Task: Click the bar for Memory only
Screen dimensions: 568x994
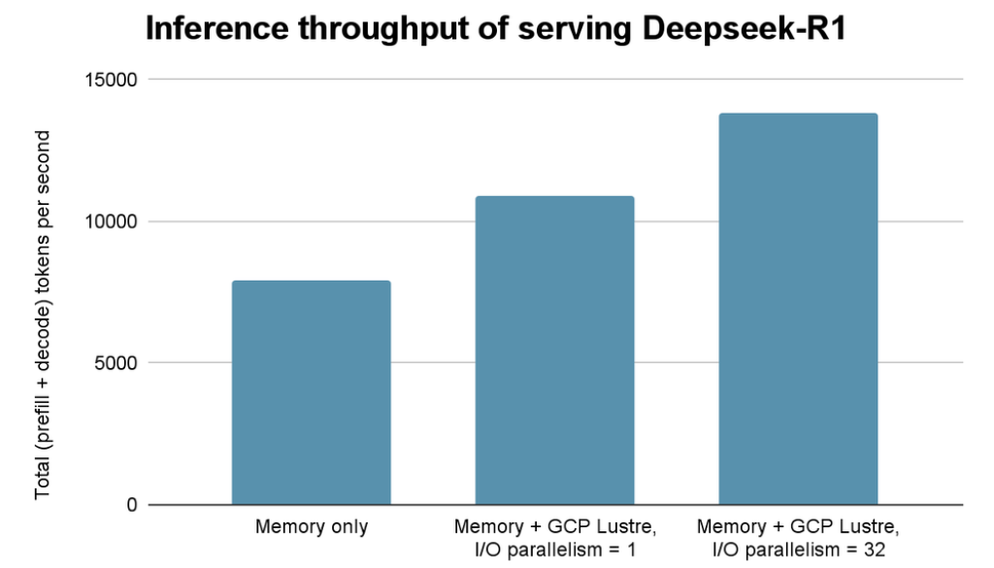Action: (x=311, y=392)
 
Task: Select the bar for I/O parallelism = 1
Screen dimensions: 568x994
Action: (x=554, y=350)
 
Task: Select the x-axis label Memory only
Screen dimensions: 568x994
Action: (x=311, y=528)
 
